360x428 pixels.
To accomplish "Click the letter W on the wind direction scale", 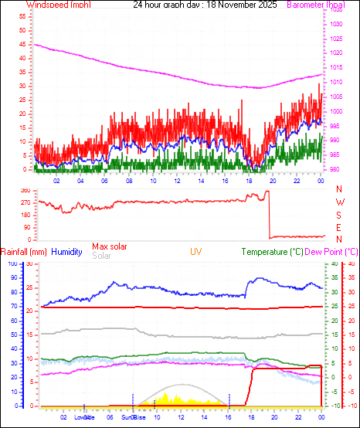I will (339, 202).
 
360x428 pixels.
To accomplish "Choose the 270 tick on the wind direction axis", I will (24, 202).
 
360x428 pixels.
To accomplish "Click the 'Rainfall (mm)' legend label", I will (24, 252).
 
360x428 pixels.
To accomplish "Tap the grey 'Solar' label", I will (101, 256).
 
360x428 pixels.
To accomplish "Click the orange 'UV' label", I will (196, 252).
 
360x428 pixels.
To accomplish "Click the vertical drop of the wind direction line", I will (269, 215).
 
